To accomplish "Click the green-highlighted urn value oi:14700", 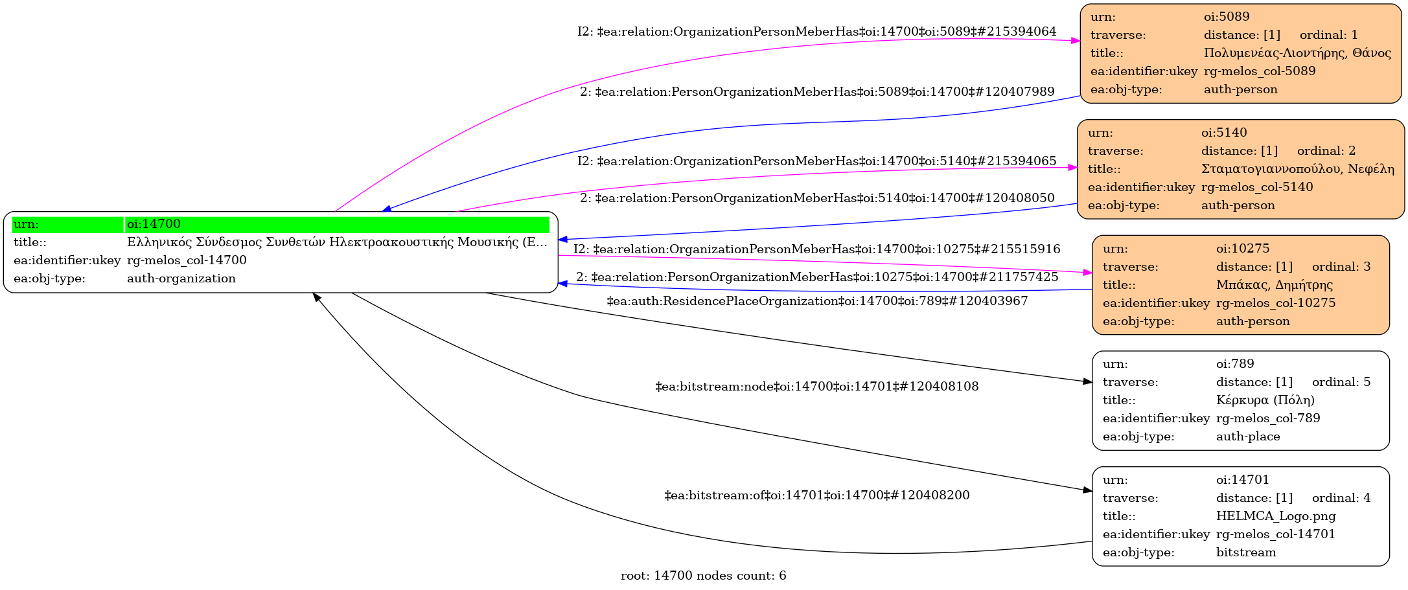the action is pyautogui.click(x=154, y=224).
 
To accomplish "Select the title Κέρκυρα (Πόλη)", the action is pyautogui.click(x=1265, y=400).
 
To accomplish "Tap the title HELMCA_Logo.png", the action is pyautogui.click(x=1276, y=516).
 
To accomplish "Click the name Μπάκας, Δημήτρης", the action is pyautogui.click(x=1275, y=284).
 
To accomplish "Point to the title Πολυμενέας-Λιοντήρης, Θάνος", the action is pyautogui.click(x=1297, y=53).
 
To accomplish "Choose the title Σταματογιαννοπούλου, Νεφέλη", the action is pyautogui.click(x=1298, y=169).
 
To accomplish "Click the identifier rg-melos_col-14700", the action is pyautogui.click(x=187, y=260).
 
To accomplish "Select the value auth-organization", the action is pyautogui.click(x=181, y=278).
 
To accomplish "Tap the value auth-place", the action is pyautogui.click(x=1248, y=437).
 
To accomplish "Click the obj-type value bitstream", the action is pyautogui.click(x=1246, y=552).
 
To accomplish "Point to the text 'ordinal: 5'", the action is pyautogui.click(x=1341, y=382).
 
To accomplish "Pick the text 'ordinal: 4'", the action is pyautogui.click(x=1341, y=498).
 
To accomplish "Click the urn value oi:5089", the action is pyautogui.click(x=1227, y=17).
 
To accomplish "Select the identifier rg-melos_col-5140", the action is pyautogui.click(x=1257, y=187).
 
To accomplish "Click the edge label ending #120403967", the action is pyautogui.click(x=817, y=301).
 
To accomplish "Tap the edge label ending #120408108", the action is pyautogui.click(x=817, y=387).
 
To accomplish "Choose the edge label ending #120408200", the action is pyautogui.click(x=817, y=495).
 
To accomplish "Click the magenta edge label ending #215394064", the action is pyautogui.click(x=817, y=32).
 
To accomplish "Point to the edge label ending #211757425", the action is pyautogui.click(x=817, y=277).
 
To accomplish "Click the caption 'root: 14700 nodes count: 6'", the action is pyautogui.click(x=704, y=576).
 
